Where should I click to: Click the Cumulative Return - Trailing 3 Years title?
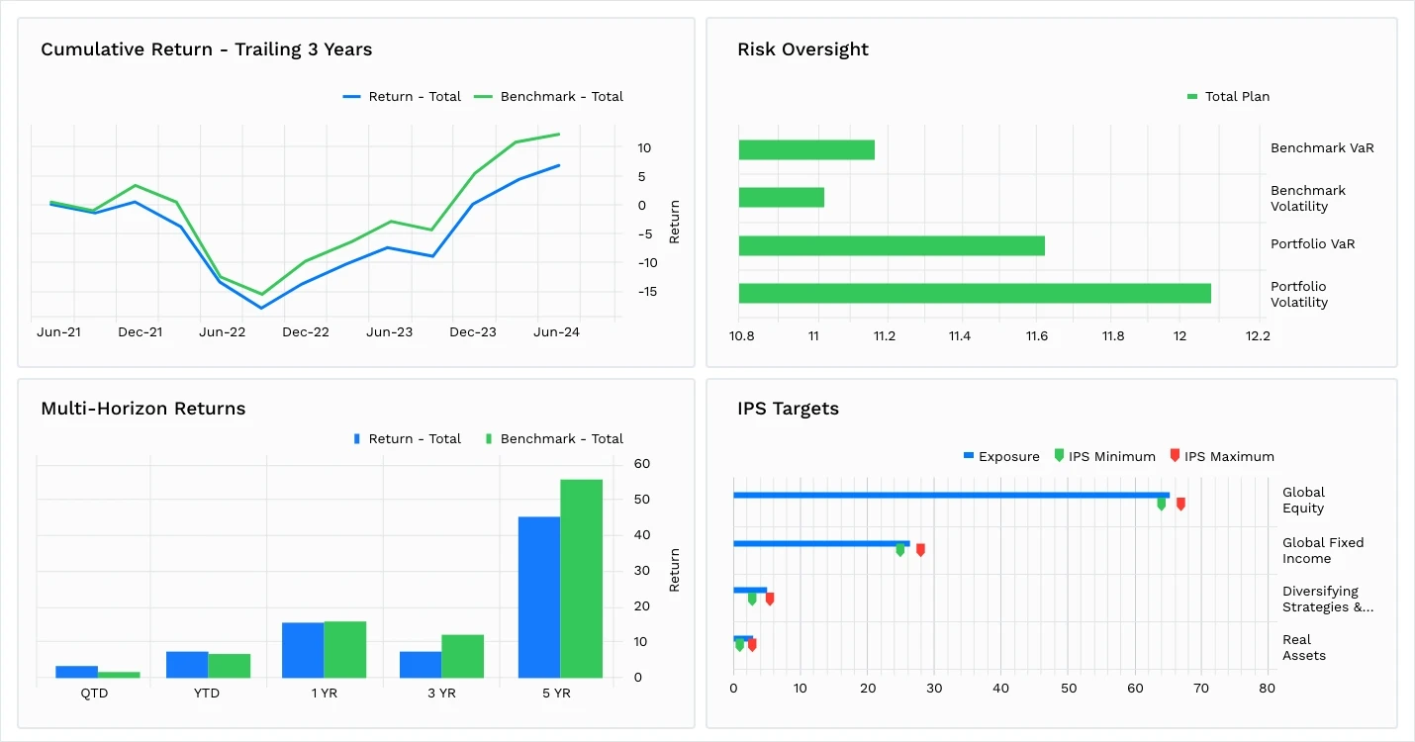pos(206,49)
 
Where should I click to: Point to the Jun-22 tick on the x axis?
pos(223,332)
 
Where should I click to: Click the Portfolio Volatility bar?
pos(974,294)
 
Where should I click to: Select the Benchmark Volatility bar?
pos(781,198)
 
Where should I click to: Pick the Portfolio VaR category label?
pos(1312,244)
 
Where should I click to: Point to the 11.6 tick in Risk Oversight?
pos(1036,336)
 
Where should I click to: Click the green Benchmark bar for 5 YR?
pos(581,579)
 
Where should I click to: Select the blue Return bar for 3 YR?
pos(421,665)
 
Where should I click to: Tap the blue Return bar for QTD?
pos(76,672)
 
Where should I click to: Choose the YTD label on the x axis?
pos(208,694)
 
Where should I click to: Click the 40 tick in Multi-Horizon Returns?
pos(641,535)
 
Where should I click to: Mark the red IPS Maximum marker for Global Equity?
pos(1180,505)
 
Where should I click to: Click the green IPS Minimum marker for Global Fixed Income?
pos(899,550)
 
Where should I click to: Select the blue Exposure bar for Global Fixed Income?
pos(820,543)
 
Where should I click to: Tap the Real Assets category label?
pos(1303,648)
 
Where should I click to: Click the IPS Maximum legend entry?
pos(1228,457)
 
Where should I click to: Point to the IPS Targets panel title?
pos(788,409)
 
